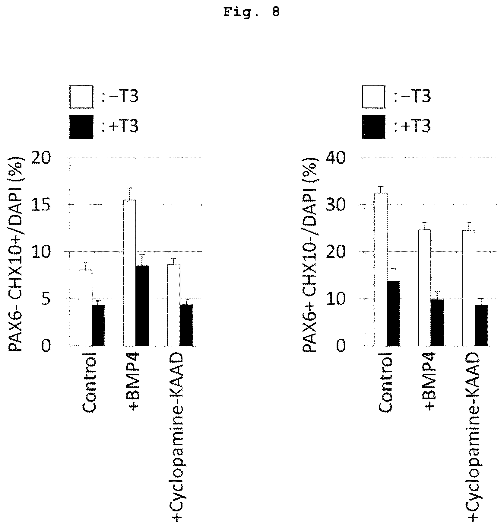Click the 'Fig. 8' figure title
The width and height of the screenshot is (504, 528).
[252, 12]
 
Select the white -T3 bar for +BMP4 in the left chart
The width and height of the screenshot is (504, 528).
[129, 273]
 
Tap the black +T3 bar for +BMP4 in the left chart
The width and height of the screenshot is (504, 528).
[142, 306]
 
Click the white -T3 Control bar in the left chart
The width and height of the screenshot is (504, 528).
[85, 308]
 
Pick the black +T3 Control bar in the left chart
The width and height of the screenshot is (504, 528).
[98, 325]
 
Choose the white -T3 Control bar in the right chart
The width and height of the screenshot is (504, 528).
[380, 269]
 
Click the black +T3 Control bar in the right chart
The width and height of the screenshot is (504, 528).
[393, 313]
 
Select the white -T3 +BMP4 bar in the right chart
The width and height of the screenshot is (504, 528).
[424, 288]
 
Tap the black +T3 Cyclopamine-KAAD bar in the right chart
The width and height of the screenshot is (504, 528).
[481, 325]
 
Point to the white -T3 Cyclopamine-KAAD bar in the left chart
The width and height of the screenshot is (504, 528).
[174, 305]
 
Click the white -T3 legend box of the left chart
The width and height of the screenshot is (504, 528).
[81, 97]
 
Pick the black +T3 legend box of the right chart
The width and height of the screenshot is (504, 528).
[374, 127]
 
